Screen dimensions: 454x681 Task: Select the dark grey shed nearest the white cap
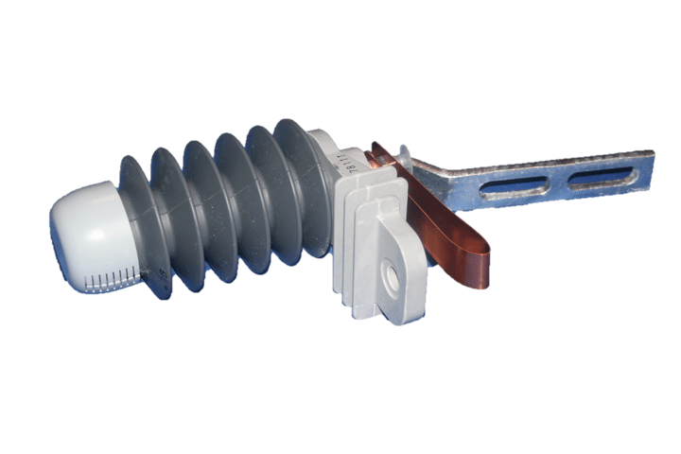click(x=142, y=222)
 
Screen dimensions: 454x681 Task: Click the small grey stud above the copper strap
click(x=405, y=150)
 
